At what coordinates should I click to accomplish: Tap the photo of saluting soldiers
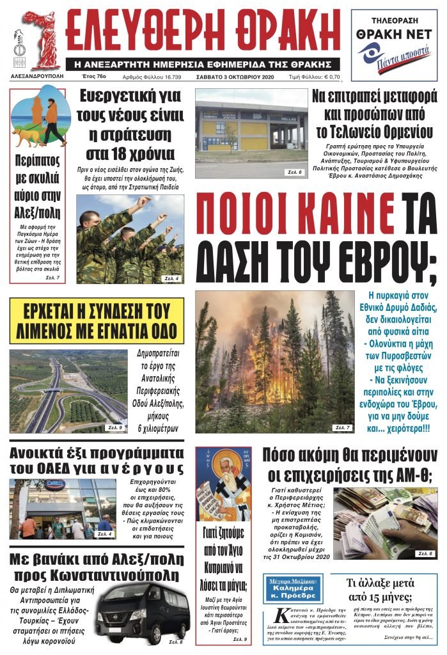point(130,239)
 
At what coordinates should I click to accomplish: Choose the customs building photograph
point(251,132)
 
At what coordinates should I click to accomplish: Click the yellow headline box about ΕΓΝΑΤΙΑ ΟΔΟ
point(96,320)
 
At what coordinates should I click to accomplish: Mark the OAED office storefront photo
point(63,509)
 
